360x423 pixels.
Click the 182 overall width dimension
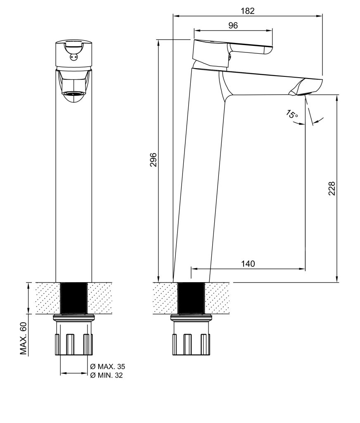(x=247, y=11)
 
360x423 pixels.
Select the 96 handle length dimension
(x=233, y=25)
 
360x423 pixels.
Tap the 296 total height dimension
(x=153, y=160)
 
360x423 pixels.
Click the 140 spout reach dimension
(x=248, y=264)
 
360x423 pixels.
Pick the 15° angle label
(x=292, y=114)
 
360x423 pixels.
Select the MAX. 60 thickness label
(x=24, y=338)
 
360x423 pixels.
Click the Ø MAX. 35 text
(x=108, y=367)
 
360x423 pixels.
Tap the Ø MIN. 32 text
(x=107, y=375)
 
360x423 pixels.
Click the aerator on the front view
(x=73, y=94)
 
